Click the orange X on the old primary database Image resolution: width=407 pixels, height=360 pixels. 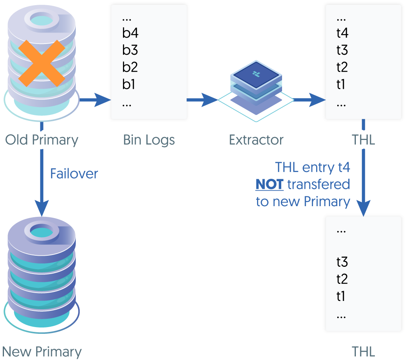click(x=42, y=63)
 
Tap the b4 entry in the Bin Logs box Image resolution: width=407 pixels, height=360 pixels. click(x=130, y=33)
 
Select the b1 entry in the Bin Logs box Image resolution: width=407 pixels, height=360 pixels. click(x=129, y=84)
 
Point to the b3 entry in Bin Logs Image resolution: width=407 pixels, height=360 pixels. click(x=130, y=50)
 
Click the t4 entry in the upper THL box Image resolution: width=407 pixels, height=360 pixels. click(x=342, y=33)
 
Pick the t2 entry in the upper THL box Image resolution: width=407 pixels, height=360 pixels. click(x=342, y=67)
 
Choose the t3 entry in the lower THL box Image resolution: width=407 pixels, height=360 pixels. click(x=342, y=262)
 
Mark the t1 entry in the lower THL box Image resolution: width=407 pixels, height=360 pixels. click(x=341, y=297)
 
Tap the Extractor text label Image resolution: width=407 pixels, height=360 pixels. click(x=256, y=140)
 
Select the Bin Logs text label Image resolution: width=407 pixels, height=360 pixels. click(x=149, y=140)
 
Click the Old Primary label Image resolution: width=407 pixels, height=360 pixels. click(x=42, y=140)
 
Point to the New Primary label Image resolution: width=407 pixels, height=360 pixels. click(x=42, y=352)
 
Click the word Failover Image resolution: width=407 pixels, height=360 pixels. click(x=74, y=174)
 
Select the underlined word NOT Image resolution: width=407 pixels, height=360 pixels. click(x=269, y=184)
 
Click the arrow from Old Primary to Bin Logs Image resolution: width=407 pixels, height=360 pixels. click(x=95, y=100)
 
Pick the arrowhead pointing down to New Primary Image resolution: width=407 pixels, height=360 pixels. click(x=42, y=208)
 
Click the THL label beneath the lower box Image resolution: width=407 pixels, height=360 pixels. click(x=363, y=352)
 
